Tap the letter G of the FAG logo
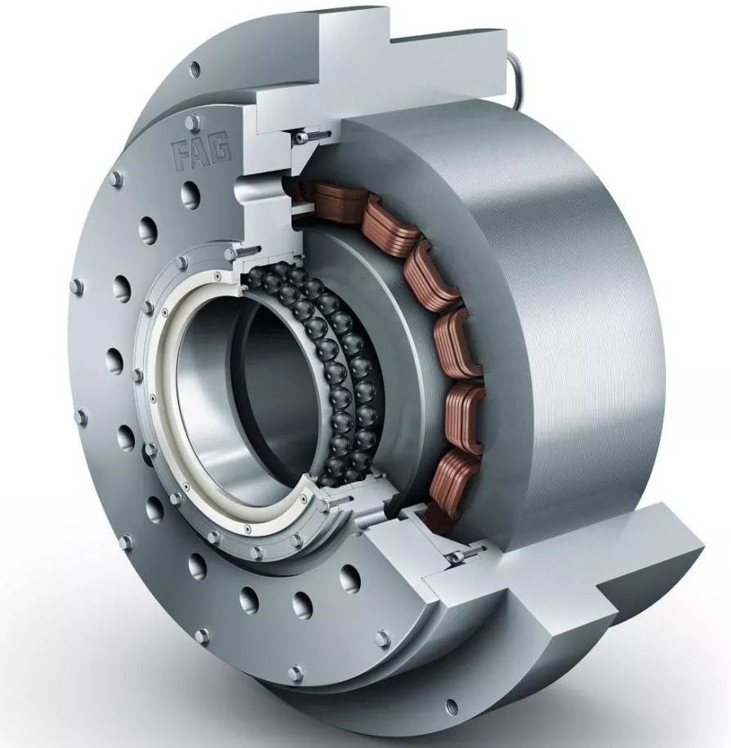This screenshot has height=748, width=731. [x=221, y=149]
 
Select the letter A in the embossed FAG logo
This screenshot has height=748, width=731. [x=202, y=153]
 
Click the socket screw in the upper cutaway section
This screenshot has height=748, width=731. [x=310, y=137]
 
